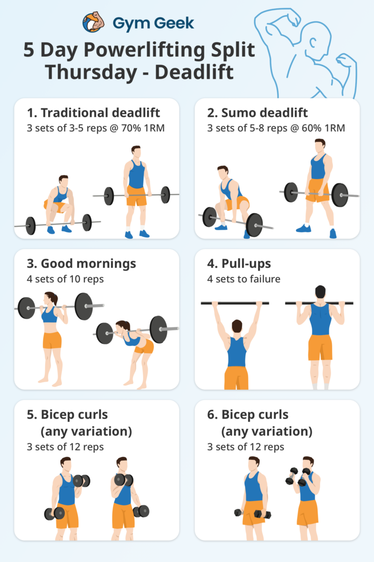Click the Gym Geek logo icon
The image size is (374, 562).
click(93, 22)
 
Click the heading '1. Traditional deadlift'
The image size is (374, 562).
click(93, 113)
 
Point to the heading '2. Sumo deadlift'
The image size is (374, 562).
click(257, 113)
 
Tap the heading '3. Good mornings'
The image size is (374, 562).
click(81, 264)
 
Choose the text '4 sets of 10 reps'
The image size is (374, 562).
click(65, 279)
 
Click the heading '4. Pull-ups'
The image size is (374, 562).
click(239, 264)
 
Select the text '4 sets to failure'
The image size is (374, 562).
click(243, 279)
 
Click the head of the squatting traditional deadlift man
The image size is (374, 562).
click(63, 181)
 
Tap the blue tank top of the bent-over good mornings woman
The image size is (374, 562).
click(131, 340)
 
